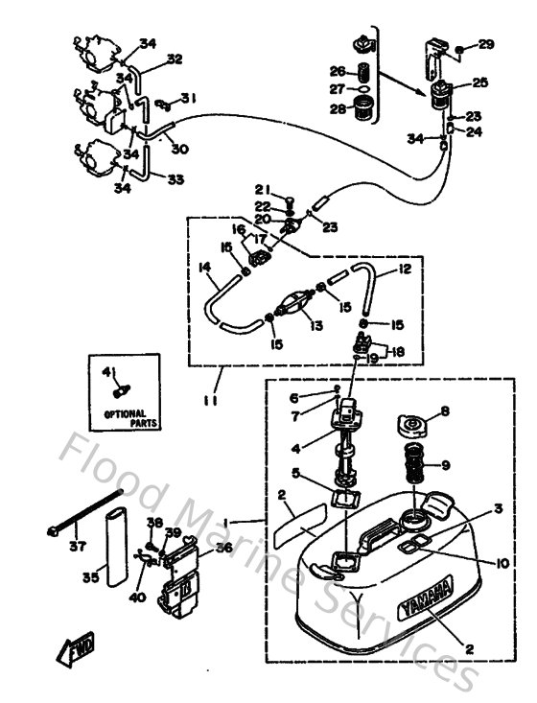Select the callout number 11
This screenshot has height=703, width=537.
pyautogui.click(x=210, y=401)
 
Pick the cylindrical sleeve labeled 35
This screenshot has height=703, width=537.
pyautogui.click(x=114, y=550)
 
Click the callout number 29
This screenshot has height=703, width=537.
pyautogui.click(x=486, y=44)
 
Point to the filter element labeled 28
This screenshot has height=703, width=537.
pyautogui.click(x=362, y=106)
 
